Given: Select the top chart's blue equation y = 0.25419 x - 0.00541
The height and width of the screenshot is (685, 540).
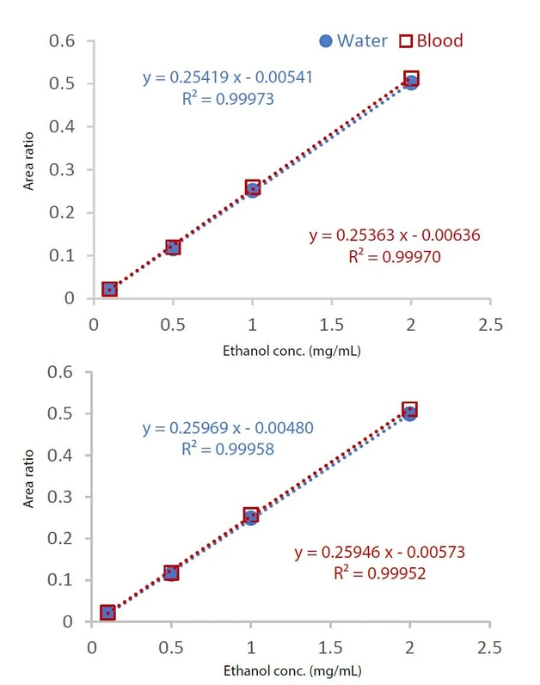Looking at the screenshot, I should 227,78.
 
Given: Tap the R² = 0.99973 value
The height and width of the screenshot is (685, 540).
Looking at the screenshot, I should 227,99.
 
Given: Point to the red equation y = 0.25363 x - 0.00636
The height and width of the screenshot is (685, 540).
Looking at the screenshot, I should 394,235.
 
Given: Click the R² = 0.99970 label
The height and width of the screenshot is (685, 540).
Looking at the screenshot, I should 394,255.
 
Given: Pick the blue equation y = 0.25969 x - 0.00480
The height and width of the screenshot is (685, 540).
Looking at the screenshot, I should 227,427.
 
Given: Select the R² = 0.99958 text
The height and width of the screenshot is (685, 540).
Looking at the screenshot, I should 227,448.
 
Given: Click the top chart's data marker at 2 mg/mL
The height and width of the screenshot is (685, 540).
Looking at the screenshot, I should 411,80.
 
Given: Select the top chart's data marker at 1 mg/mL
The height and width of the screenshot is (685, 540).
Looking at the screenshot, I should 253,188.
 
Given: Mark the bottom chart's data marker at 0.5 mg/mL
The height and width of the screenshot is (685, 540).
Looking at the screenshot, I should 171,572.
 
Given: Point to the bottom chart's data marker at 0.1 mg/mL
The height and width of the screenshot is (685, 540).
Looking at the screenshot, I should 107,613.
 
